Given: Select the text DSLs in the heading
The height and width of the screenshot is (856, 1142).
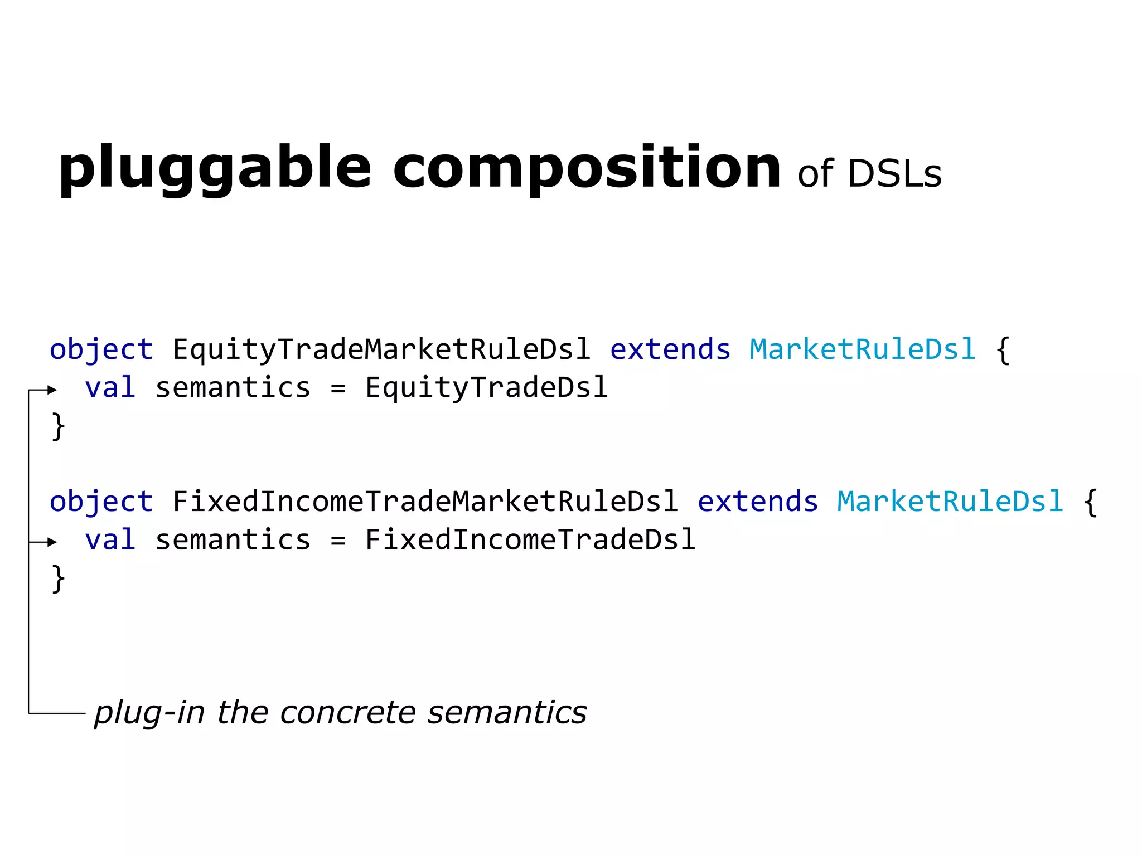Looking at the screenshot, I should [x=894, y=174].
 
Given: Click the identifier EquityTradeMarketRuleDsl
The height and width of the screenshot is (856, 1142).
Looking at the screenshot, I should [x=381, y=350].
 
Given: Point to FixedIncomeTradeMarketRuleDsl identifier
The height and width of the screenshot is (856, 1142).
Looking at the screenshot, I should [x=425, y=502].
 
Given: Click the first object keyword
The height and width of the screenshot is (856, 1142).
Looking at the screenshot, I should [x=101, y=350].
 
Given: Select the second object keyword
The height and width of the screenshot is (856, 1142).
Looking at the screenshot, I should [x=101, y=502].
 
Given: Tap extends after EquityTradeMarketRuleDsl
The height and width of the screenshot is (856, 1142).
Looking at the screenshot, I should [x=670, y=350].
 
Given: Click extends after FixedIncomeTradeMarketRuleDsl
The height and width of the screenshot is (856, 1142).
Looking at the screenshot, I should [x=757, y=502].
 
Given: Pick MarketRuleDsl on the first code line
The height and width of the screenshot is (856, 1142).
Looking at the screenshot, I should [x=862, y=350].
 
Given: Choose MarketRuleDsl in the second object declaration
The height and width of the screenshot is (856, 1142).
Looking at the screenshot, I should [x=950, y=502].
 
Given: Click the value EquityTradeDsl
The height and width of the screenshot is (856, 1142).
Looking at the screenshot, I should [x=486, y=388].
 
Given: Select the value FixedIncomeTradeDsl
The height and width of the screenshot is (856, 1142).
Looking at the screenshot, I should [x=530, y=539].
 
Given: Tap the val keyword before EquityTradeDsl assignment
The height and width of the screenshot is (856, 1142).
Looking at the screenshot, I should [x=110, y=388].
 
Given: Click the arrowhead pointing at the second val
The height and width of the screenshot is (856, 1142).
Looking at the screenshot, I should [x=52, y=542].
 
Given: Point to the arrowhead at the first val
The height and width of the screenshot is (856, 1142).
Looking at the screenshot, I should [x=52, y=390].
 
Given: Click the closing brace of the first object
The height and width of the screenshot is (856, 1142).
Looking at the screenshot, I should [x=58, y=427].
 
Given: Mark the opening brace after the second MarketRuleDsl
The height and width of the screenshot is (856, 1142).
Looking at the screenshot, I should [x=1090, y=502].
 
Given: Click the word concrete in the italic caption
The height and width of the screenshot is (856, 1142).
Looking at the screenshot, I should [x=347, y=713].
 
